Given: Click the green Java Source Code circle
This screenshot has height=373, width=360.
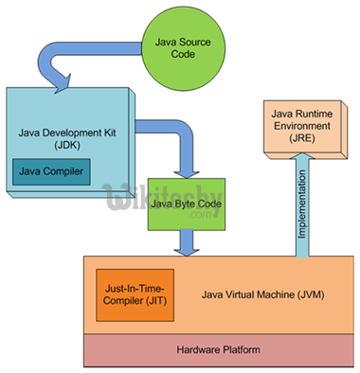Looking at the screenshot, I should click(178, 47).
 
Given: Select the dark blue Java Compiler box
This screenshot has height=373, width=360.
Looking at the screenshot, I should click(49, 173).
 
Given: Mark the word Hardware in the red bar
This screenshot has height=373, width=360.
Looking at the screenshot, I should click(198, 349).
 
